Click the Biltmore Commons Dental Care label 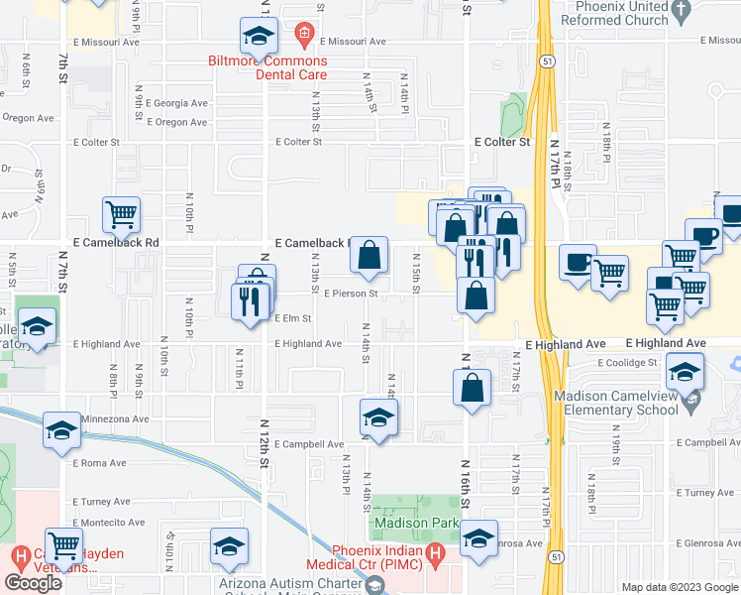[266, 67]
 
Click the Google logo [33, 583]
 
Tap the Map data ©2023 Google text [680, 587]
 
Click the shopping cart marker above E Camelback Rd [121, 213]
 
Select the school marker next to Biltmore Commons [259, 38]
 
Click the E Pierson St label [352, 294]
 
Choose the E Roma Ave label [100, 463]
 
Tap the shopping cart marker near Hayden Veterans [64, 544]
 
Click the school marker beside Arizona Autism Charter [229, 545]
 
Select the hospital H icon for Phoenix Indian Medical [432, 554]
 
